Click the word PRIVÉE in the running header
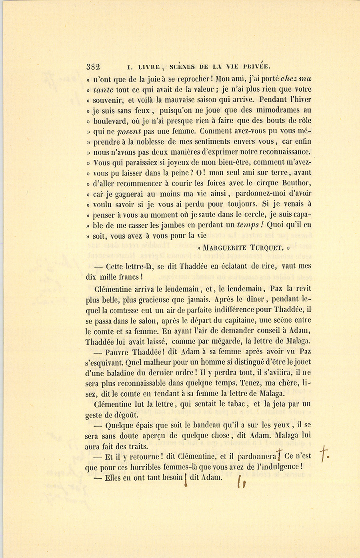click(x=256, y=67)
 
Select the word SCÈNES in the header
click(x=183, y=67)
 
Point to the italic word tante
click(x=103, y=89)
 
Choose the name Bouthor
click(x=297, y=183)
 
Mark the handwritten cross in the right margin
click(x=324, y=452)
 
